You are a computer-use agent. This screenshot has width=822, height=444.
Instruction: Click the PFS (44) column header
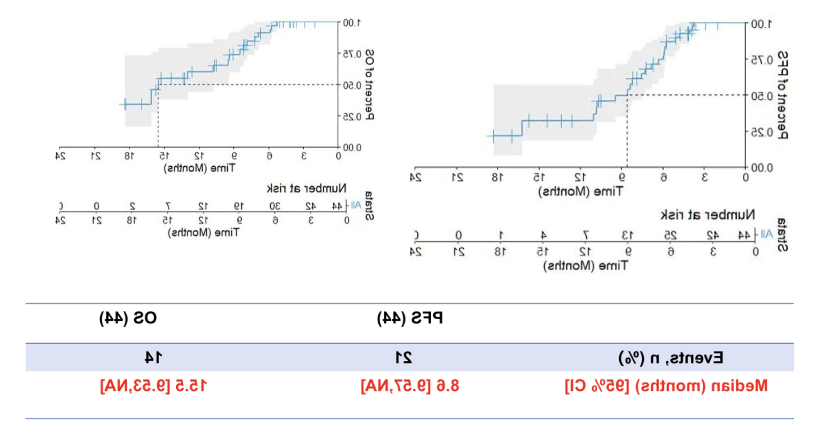coord(410,318)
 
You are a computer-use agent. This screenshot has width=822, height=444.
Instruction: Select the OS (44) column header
coord(128,318)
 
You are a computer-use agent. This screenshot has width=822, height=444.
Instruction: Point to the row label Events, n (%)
coord(671,358)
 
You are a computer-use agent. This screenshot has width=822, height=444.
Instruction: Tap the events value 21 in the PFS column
coord(404,358)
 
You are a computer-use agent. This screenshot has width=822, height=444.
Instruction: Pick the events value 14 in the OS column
coord(153,358)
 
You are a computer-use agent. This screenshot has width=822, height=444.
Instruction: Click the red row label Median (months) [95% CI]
coord(666,386)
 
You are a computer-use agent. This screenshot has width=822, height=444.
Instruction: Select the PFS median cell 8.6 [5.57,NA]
coord(410,386)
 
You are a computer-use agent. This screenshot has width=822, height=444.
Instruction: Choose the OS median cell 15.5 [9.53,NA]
coord(153,386)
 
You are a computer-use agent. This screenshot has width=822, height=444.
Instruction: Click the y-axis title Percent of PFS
coord(782,95)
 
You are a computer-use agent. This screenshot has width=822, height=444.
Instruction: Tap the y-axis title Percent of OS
coord(370,84)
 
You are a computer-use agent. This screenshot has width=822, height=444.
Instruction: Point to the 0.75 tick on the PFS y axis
coord(762,60)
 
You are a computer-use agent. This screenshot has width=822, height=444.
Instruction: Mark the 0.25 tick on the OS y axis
coord(352,116)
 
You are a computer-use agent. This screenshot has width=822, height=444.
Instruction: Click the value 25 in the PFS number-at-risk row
coord(670,235)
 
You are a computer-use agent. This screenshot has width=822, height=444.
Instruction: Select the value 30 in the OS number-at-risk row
coord(275,206)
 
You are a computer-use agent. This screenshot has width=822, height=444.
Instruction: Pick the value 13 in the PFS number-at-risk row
coord(628,235)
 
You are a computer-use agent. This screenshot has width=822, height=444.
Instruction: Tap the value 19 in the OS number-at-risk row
coord(239,206)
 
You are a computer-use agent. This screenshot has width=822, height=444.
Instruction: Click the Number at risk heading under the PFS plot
coord(708,215)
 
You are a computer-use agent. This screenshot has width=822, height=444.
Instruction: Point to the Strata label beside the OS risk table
coord(369,206)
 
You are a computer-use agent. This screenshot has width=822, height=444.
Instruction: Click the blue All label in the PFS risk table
coord(766,234)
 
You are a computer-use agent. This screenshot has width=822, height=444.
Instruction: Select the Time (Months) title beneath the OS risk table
coord(204,232)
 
